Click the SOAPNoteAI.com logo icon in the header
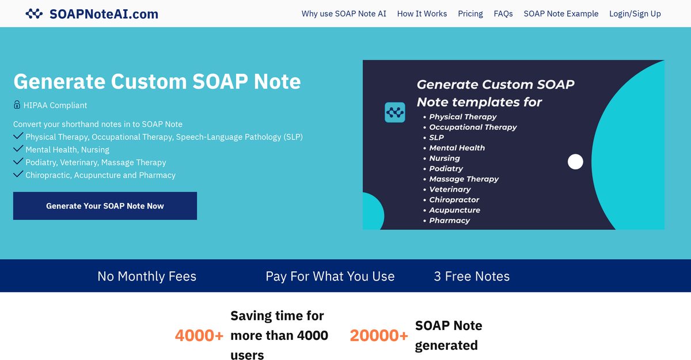[x=34, y=14]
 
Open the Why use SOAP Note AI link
[x=344, y=14]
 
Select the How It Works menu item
[x=422, y=14]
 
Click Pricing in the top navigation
[x=470, y=14]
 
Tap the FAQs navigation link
[x=503, y=14]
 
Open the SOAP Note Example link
[x=561, y=14]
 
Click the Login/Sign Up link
[x=635, y=14]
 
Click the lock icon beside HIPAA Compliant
[x=17, y=105]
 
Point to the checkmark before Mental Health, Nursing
[x=18, y=149]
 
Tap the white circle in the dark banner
[x=575, y=162]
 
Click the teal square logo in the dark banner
[x=395, y=112]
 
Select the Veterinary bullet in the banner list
[x=450, y=190]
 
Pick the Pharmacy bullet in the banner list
[x=449, y=221]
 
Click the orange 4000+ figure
[x=199, y=335]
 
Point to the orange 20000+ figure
[x=379, y=335]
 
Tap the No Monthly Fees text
[x=147, y=276]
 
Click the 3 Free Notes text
[x=472, y=276]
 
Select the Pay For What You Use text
[x=330, y=276]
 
